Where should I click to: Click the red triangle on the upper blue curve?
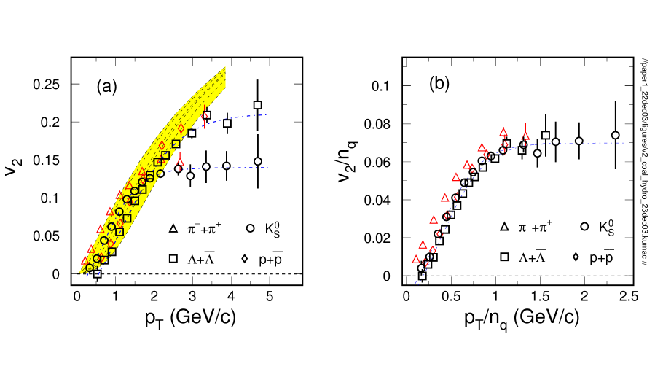[x=204, y=114]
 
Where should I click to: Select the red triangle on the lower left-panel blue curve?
[x=180, y=163]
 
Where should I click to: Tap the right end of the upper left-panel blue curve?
[x=267, y=114]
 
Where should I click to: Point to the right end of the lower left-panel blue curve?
[x=267, y=168]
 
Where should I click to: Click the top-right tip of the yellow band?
[x=225, y=67]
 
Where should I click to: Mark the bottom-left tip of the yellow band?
[x=80, y=273]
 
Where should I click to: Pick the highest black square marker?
[x=176, y=144]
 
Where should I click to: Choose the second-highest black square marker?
[x=165, y=155]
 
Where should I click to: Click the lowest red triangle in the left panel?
[x=85, y=260]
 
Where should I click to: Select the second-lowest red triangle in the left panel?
[x=91, y=249]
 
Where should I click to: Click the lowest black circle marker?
[x=89, y=268]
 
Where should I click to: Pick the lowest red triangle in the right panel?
[x=416, y=260]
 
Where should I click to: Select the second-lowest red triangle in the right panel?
[x=423, y=245]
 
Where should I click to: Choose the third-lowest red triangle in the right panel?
[x=434, y=219]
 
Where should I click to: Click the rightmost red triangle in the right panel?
[x=525, y=136]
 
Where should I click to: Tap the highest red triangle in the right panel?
[x=503, y=132]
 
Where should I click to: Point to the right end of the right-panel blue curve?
[x=624, y=143]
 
